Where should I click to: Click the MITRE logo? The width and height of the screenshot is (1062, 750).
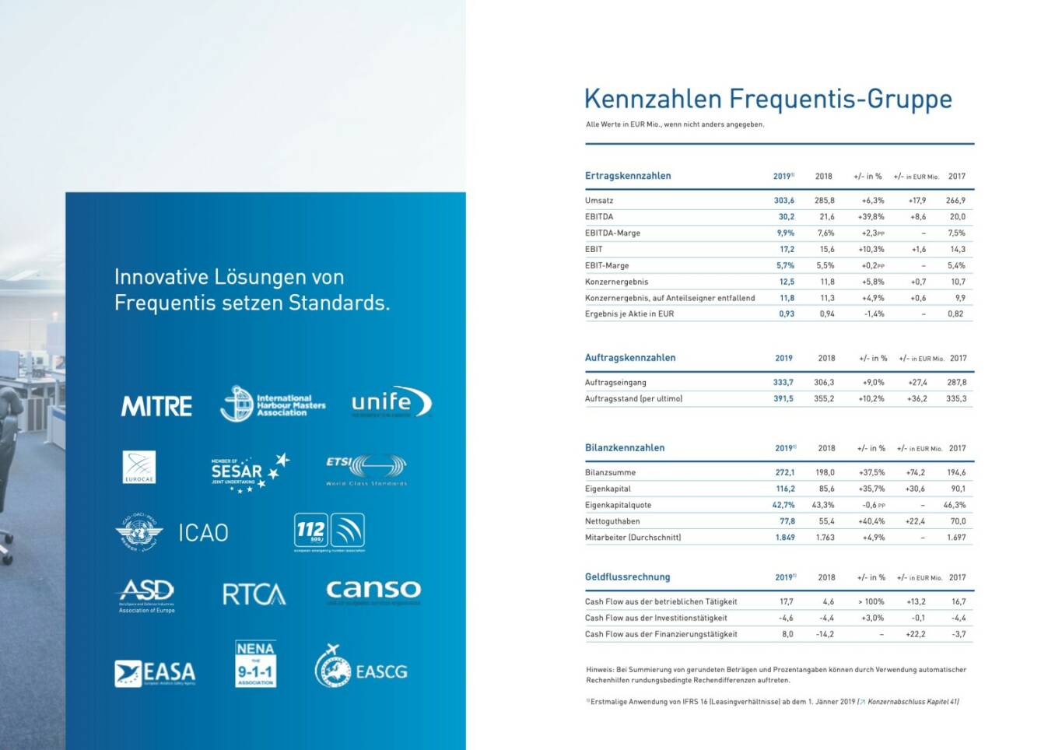(x=156, y=406)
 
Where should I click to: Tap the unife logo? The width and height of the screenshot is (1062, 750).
(x=391, y=402)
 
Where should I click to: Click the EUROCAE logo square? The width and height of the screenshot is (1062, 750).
(x=139, y=467)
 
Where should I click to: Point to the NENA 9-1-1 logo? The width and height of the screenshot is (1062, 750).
(x=255, y=664)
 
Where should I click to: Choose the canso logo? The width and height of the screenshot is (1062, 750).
(x=373, y=591)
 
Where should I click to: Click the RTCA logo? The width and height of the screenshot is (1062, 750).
(x=254, y=594)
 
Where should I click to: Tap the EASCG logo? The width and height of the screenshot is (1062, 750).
(x=361, y=668)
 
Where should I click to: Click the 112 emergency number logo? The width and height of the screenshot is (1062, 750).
(x=329, y=532)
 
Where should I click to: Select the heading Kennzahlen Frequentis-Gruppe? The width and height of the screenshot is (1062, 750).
(x=768, y=99)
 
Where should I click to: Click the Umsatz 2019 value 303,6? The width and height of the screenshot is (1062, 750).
(x=783, y=201)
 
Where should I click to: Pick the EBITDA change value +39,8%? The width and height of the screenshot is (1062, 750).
(x=871, y=217)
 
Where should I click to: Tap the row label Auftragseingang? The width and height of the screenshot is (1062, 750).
(x=615, y=383)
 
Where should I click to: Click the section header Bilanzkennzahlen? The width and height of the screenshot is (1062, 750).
(x=625, y=448)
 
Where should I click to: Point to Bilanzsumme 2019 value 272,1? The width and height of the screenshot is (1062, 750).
(x=784, y=473)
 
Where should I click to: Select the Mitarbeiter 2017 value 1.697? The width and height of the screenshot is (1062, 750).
(x=956, y=538)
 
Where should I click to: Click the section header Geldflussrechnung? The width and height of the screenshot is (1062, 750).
(x=627, y=577)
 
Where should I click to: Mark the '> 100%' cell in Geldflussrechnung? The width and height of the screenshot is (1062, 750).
(x=871, y=602)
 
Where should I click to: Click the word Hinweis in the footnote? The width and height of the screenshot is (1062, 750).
(x=599, y=670)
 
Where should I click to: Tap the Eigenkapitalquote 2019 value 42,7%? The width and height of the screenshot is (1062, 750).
(x=783, y=506)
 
